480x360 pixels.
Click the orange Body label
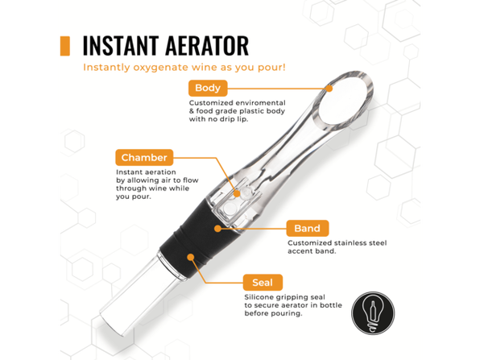click(x=208, y=88)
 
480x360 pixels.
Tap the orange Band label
click(x=306, y=228)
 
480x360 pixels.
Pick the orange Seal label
click(x=262, y=282)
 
